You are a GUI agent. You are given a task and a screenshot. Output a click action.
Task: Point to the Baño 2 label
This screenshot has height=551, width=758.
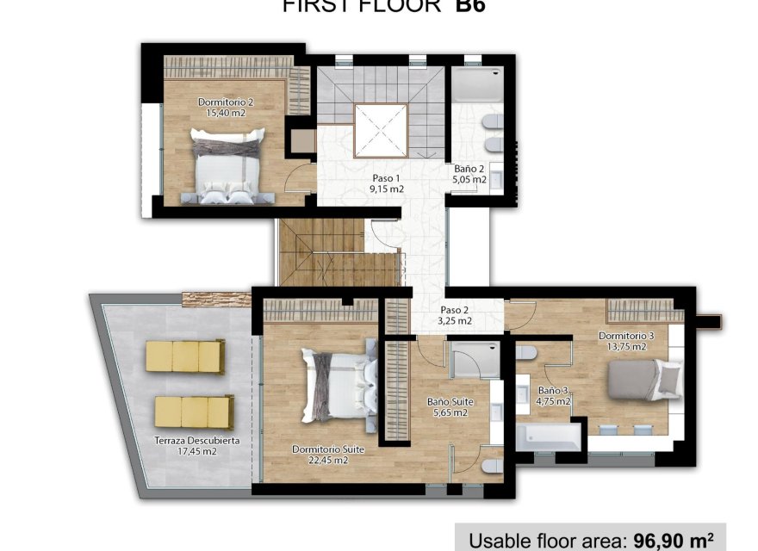click(469, 169)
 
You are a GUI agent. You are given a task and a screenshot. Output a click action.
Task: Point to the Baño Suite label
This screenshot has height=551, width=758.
click(448, 401)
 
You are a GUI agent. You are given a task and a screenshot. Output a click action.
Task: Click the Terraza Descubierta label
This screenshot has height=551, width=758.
click(197, 440)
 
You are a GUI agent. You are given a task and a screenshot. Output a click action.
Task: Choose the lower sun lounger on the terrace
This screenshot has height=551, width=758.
click(194, 411)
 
